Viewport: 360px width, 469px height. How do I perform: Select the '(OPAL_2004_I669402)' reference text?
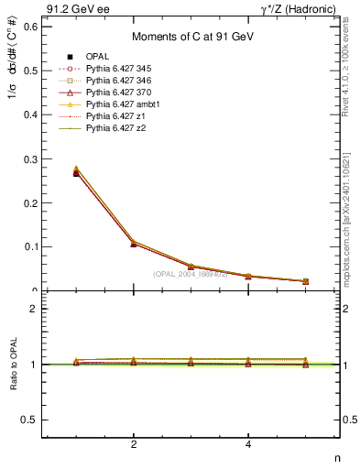[x=190, y=274]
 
